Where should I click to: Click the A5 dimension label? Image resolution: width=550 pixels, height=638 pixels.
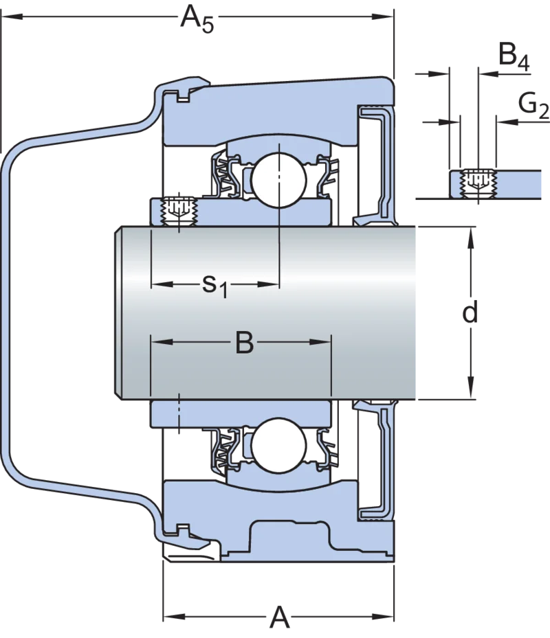point(197,19)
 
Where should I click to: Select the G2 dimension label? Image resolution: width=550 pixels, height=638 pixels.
point(533,106)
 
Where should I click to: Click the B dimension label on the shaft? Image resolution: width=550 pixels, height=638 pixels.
point(245,342)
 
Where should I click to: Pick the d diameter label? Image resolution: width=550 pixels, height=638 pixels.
point(470,312)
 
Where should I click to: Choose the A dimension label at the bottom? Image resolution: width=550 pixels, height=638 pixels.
point(280,617)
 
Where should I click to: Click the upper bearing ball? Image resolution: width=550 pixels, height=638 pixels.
point(279,180)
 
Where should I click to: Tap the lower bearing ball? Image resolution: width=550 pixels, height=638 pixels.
point(279,446)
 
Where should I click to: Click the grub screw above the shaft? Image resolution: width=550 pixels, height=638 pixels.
point(179,211)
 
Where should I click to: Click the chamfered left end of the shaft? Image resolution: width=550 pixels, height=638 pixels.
point(118,313)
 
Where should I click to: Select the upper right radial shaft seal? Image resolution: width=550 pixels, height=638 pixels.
point(375,166)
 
